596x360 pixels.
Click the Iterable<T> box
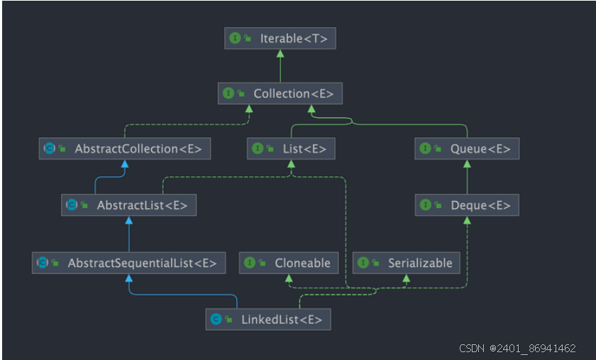coord(280,38)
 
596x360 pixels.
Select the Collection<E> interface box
coord(280,93)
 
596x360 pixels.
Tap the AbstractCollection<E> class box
coord(125,148)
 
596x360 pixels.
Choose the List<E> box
coord(291,148)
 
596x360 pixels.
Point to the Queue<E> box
coord(467,148)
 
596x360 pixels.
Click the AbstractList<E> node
coord(128,205)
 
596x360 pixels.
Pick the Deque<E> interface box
coord(467,205)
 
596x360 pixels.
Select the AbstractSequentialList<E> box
coord(128,263)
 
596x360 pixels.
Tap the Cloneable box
coord(288,263)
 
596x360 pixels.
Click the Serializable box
coord(406,263)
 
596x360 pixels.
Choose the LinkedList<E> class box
coord(268,320)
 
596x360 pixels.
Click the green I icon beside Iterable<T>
coord(235,38)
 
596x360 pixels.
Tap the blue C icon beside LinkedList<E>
coord(216,320)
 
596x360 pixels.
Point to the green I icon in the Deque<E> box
coord(425,205)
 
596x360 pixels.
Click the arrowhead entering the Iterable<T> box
coord(280,53)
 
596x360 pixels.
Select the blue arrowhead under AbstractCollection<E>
coord(125,164)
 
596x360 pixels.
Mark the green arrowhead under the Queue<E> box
coord(467,164)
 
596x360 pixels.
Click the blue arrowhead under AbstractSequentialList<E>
coord(128,278)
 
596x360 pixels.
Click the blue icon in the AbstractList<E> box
coord(72,205)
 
